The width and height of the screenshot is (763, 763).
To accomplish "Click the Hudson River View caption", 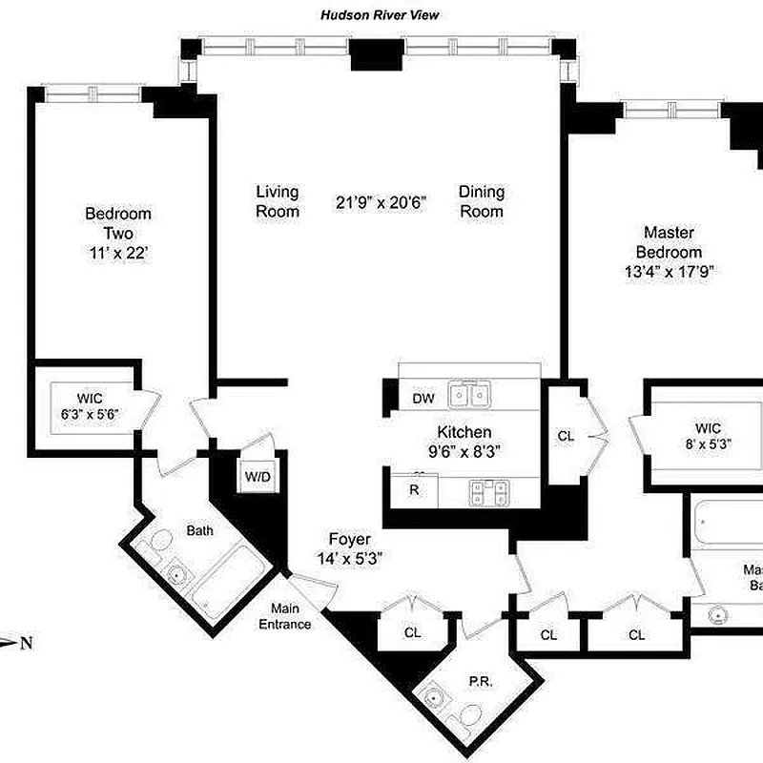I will pyautogui.click(x=380, y=15).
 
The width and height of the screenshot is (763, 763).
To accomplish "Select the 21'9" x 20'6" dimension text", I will pyautogui.click(x=381, y=202).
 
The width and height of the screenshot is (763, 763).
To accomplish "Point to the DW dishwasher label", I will pyautogui.click(x=423, y=399).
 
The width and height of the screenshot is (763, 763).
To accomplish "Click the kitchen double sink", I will pyautogui.click(x=471, y=394).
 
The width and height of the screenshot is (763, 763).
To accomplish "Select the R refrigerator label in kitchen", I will pyautogui.click(x=415, y=490).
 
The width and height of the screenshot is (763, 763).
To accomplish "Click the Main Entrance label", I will pyautogui.click(x=289, y=617).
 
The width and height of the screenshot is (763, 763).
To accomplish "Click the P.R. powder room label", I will pyautogui.click(x=479, y=682).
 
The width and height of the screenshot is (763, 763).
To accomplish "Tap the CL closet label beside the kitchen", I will pyautogui.click(x=566, y=436).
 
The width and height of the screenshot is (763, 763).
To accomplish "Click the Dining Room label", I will pyautogui.click(x=482, y=201).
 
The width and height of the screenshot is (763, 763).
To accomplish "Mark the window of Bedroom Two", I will pyautogui.click(x=93, y=93).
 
